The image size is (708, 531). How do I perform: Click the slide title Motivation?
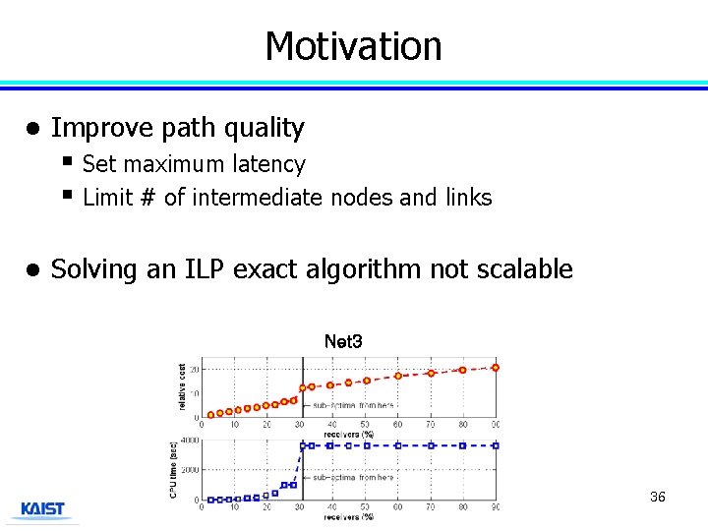click(x=353, y=46)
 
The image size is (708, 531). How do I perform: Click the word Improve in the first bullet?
click(x=87, y=128)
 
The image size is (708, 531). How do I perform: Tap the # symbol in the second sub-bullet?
click(x=148, y=198)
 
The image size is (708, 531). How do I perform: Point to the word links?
click(x=468, y=198)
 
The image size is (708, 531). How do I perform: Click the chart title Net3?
click(x=343, y=342)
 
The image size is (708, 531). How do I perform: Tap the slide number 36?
click(x=658, y=497)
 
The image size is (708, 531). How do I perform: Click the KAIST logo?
click(x=43, y=509)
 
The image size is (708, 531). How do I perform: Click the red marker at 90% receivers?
click(x=495, y=368)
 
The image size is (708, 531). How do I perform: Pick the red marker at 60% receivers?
click(x=398, y=376)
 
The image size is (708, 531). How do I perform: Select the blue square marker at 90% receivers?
click(x=495, y=445)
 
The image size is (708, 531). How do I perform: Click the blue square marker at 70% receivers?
click(x=431, y=445)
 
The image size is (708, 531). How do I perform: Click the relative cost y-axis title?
click(x=182, y=387)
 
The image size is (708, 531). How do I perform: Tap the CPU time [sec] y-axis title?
click(x=173, y=468)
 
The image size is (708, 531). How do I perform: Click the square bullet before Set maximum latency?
click(x=67, y=160)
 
